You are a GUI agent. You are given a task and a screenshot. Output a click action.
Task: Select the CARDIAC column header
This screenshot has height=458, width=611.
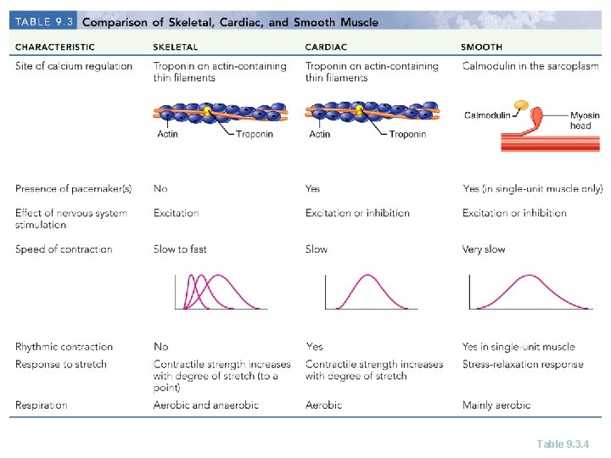pyautogui.click(x=324, y=47)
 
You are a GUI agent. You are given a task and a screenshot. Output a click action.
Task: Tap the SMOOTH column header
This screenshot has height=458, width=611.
pyautogui.click(x=481, y=47)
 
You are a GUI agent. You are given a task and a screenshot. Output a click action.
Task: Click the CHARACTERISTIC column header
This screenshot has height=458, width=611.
pyautogui.click(x=55, y=47)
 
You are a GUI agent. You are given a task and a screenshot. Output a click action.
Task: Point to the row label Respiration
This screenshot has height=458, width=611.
pyautogui.click(x=41, y=405)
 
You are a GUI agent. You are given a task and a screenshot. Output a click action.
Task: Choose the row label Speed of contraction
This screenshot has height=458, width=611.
pyautogui.click(x=64, y=249)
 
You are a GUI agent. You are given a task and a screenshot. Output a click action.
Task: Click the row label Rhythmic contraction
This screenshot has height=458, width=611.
pyautogui.click(x=64, y=347)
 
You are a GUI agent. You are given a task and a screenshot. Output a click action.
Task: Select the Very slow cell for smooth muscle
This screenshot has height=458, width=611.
pyautogui.click(x=484, y=249)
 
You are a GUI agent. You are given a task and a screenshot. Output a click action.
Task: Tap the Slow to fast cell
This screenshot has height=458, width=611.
pyautogui.click(x=180, y=249)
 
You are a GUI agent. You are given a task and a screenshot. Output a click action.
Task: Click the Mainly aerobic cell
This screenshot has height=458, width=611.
pyautogui.click(x=496, y=405)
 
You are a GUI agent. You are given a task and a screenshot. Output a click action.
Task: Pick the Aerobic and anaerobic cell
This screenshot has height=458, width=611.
pyautogui.click(x=206, y=405)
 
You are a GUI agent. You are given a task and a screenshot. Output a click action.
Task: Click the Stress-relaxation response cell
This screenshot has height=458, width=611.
pyautogui.click(x=523, y=365)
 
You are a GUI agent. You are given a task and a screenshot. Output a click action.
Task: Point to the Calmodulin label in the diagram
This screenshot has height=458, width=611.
pyautogui.click(x=488, y=115)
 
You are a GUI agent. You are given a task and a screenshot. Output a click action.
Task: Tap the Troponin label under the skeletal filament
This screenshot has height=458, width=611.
pyautogui.click(x=255, y=134)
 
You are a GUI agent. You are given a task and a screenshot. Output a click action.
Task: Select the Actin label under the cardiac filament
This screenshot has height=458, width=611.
pyautogui.click(x=320, y=134)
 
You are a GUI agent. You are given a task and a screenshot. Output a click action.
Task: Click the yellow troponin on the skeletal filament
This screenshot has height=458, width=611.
pyautogui.click(x=208, y=111)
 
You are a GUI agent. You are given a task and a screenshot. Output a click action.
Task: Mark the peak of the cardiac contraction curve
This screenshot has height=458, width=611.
pyautogui.click(x=366, y=276)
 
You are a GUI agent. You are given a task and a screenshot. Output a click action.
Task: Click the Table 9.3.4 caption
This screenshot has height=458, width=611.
pyautogui.click(x=563, y=443)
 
